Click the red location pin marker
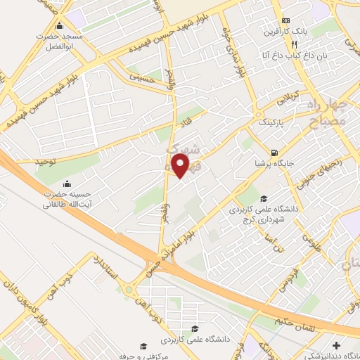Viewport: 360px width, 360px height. click(x=181, y=166)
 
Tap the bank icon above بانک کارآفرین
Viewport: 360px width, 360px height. click(x=285, y=21)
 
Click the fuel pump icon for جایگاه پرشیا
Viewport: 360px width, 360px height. click(x=273, y=153)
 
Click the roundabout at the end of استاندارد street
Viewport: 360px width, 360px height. click(x=130, y=288)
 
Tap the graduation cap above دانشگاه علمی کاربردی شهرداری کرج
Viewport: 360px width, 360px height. click(x=264, y=179)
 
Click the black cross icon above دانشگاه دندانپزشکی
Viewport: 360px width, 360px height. click(x=337, y=346)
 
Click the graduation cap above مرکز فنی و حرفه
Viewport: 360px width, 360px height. click(x=144, y=347)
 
